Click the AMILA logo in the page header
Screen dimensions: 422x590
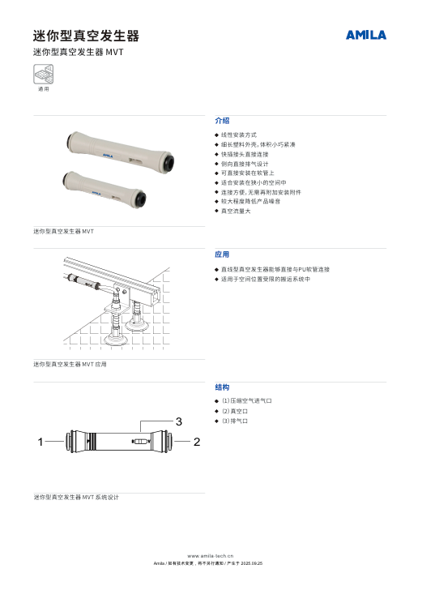tap(366, 35)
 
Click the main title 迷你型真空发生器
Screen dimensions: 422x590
tap(86, 36)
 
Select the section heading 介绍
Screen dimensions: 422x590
tap(222, 121)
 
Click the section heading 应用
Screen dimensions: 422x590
tap(222, 254)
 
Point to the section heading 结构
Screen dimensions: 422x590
tap(222, 387)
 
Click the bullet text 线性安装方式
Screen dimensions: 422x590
tap(239, 135)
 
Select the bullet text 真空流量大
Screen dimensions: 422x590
tap(236, 211)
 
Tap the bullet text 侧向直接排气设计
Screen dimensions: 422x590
tap(245, 164)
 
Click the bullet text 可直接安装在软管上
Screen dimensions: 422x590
tap(248, 173)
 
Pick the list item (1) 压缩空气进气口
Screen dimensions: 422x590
tap(247, 400)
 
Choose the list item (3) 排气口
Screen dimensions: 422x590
tap(235, 421)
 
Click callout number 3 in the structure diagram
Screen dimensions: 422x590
tap(179, 421)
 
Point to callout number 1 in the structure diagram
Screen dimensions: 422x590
tap(40, 442)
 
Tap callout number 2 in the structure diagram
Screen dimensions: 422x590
tap(197, 442)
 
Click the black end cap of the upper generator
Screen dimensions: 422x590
tap(168, 163)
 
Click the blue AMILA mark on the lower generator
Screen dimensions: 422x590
tap(96, 194)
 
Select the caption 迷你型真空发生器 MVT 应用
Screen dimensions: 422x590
tap(70, 364)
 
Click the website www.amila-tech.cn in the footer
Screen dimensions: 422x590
tap(211, 556)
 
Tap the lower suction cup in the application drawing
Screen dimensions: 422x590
tap(116, 339)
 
